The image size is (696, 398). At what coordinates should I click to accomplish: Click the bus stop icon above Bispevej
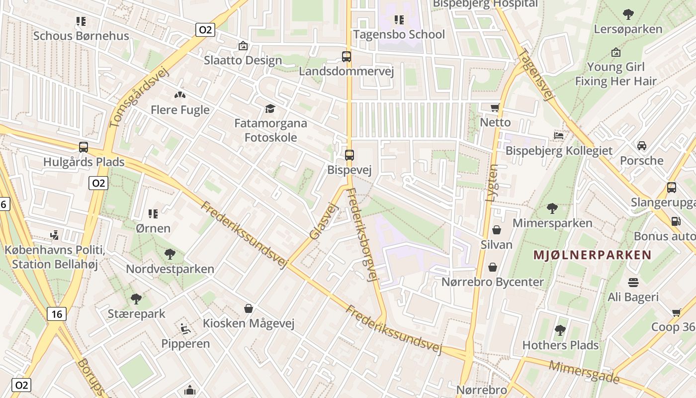click(x=349, y=155)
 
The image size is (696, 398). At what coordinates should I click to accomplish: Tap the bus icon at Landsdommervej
click(x=347, y=57)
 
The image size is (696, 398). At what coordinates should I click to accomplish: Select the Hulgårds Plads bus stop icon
click(x=84, y=147)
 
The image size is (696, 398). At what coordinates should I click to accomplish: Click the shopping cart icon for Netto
click(x=495, y=107)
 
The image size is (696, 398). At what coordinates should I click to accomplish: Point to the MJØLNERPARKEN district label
click(x=592, y=255)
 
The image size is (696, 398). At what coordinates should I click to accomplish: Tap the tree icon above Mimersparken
click(x=552, y=208)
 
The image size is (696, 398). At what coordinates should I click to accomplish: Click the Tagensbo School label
click(x=399, y=34)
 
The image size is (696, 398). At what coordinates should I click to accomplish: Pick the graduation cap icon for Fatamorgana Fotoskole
click(x=270, y=108)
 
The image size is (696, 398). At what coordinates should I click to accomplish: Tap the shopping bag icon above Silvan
click(x=496, y=229)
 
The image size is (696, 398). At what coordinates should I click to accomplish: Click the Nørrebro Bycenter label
click(x=493, y=282)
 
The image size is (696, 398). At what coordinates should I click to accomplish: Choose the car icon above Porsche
click(x=642, y=146)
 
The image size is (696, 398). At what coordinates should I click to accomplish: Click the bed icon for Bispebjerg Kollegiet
click(x=559, y=135)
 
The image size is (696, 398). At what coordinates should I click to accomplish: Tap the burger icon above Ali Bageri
click(x=633, y=283)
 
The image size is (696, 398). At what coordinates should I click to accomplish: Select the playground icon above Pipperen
click(x=185, y=328)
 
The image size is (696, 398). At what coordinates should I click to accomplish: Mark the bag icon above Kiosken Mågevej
click(x=249, y=308)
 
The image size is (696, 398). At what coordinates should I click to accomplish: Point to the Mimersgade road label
click(x=584, y=372)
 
